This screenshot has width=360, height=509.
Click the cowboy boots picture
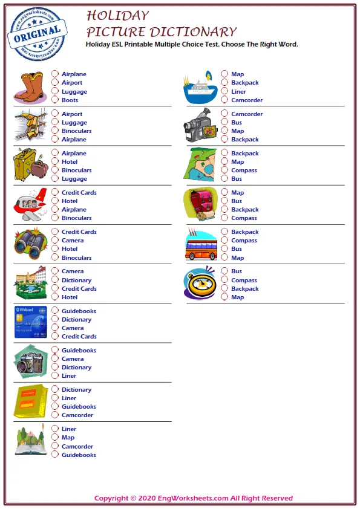(x=29, y=88)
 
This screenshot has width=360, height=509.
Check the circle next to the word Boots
(x=54, y=100)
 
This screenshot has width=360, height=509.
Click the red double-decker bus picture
(x=200, y=245)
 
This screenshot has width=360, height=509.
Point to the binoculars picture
(x=29, y=243)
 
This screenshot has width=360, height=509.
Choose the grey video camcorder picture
(x=198, y=126)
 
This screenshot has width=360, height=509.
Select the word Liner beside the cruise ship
(x=238, y=92)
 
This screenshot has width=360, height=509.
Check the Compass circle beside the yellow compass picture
(x=224, y=280)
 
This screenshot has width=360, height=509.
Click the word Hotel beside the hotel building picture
(x=70, y=297)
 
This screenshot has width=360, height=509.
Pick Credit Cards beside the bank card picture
(x=79, y=337)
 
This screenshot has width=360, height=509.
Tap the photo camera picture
(x=29, y=361)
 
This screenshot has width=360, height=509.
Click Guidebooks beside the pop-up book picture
(x=79, y=455)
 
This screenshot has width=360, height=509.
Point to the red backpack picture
(x=200, y=204)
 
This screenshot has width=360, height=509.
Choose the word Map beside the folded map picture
(x=237, y=162)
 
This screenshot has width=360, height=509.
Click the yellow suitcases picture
(x=29, y=164)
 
